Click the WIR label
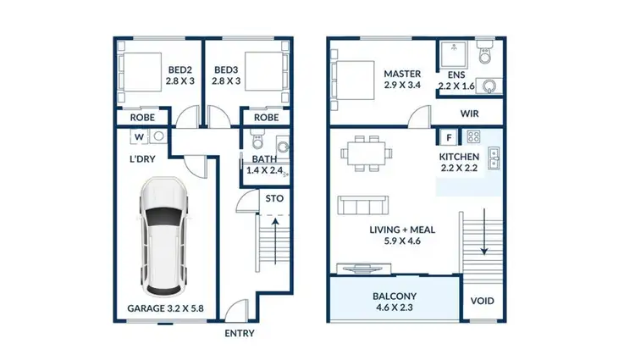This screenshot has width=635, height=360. tap(471, 112)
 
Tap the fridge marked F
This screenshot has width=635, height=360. tap(446, 136)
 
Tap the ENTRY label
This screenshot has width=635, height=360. tap(239, 333)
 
